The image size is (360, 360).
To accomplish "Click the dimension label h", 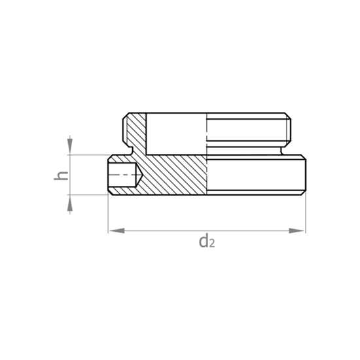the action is [61, 175].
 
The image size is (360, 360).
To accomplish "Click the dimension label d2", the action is [207, 242].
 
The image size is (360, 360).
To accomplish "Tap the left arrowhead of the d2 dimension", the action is [117, 231].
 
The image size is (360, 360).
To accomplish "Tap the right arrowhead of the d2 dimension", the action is [297, 231].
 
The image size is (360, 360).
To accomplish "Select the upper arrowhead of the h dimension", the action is [70, 146].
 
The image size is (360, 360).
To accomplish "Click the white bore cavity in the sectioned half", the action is [176, 134].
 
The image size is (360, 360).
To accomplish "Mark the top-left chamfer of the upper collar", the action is [126, 116].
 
